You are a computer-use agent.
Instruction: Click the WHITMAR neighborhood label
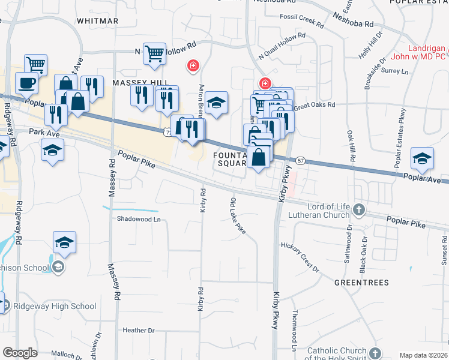98,20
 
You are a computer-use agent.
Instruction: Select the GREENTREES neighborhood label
361,282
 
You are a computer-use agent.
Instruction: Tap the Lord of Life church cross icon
359,209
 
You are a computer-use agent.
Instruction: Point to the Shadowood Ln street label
139,219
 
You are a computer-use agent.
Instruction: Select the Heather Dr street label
138,330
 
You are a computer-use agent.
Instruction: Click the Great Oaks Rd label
314,105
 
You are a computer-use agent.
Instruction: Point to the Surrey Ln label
394,71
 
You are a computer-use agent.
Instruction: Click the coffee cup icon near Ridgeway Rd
26,83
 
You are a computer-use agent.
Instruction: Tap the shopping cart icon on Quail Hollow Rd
154,53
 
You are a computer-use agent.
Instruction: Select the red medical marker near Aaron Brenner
193,65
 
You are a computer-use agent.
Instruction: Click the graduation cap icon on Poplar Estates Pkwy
422,158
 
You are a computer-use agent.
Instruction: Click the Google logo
20,353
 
